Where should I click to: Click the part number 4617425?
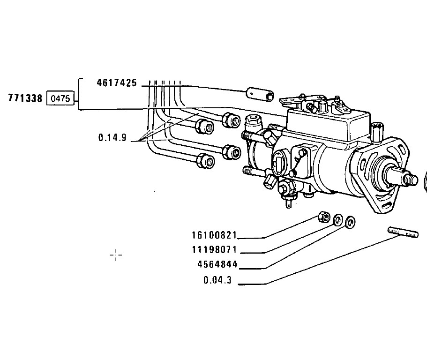[117, 83]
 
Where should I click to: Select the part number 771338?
[25, 98]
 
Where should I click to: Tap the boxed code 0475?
[60, 98]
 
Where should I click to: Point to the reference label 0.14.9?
[112, 137]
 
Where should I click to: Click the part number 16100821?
[215, 235]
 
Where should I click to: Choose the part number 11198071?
[215, 249]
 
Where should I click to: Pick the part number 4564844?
[217, 264]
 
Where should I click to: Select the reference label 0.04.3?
[217, 280]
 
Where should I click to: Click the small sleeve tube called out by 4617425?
[260, 94]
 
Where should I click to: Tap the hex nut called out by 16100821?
[324, 217]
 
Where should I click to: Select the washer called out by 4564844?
[350, 222]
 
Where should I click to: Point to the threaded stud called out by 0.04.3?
[403, 232]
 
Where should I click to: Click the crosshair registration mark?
[116, 255]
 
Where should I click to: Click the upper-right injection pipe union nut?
[232, 120]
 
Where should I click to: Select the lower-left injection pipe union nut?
[206, 161]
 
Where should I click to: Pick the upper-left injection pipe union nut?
[205, 127]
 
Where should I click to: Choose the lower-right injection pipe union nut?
[232, 152]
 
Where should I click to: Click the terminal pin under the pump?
[289, 203]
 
